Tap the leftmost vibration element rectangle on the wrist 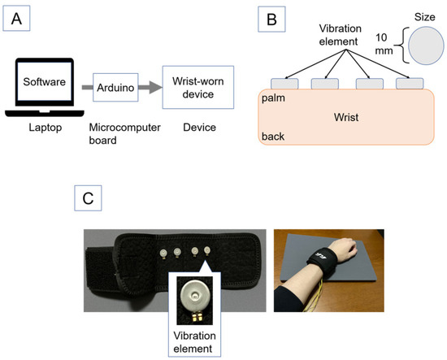click(284, 83)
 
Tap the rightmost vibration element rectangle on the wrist click(409, 83)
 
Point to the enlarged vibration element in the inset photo click(193, 293)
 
